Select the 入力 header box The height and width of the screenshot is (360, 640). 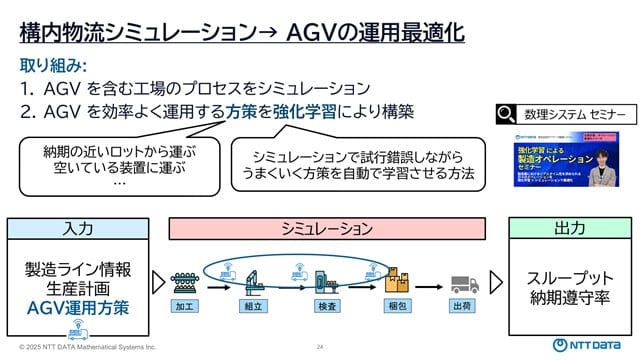pos(78,228)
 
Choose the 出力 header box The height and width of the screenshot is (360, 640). pos(569,228)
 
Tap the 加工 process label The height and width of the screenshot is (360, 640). pos(186,307)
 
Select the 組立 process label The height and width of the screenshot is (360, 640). pos(255,307)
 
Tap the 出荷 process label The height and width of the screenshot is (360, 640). pos(463,307)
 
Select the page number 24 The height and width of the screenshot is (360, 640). pos(320,347)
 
